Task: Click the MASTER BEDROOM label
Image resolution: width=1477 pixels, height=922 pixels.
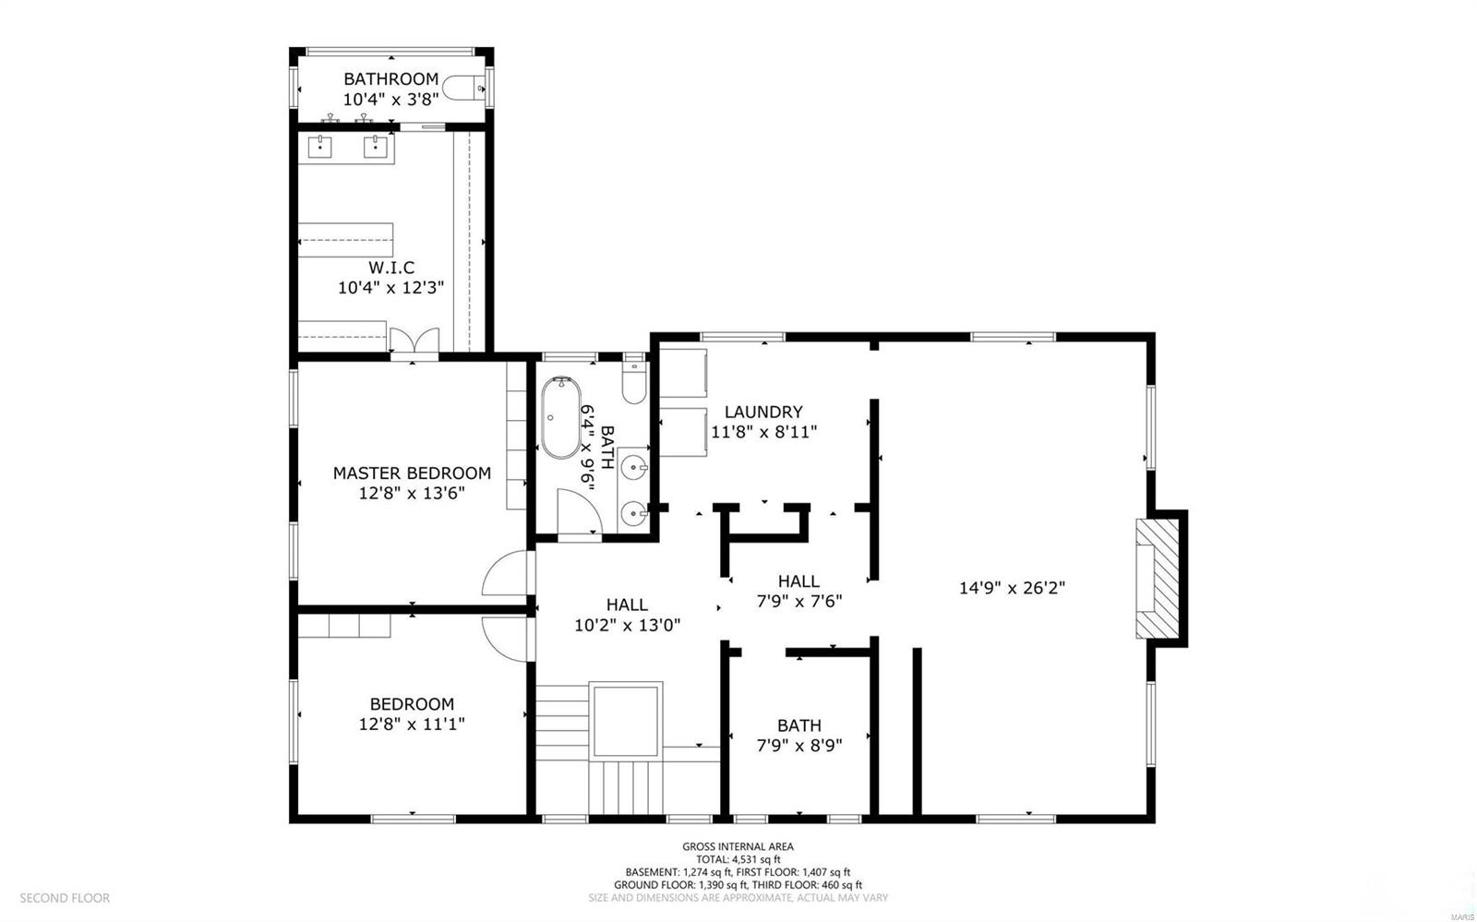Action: (412, 473)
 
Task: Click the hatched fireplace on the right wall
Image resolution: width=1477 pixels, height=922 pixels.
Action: (1159, 579)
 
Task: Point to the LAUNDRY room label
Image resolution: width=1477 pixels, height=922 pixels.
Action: (763, 412)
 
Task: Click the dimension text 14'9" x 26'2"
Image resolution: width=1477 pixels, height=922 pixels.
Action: (1013, 588)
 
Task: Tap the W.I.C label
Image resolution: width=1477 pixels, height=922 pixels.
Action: (391, 268)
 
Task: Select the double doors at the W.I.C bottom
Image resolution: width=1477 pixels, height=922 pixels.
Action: (414, 341)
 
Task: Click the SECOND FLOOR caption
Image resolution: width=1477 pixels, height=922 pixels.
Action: (65, 898)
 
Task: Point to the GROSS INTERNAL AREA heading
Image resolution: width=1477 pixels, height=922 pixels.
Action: (738, 846)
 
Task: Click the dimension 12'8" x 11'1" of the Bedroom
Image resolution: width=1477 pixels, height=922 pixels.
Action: (412, 724)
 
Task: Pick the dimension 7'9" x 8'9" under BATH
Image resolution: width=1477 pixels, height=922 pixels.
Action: (799, 746)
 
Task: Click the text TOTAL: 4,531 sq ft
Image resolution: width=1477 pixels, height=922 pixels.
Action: (738, 859)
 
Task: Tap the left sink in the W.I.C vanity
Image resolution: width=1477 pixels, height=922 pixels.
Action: (321, 145)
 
